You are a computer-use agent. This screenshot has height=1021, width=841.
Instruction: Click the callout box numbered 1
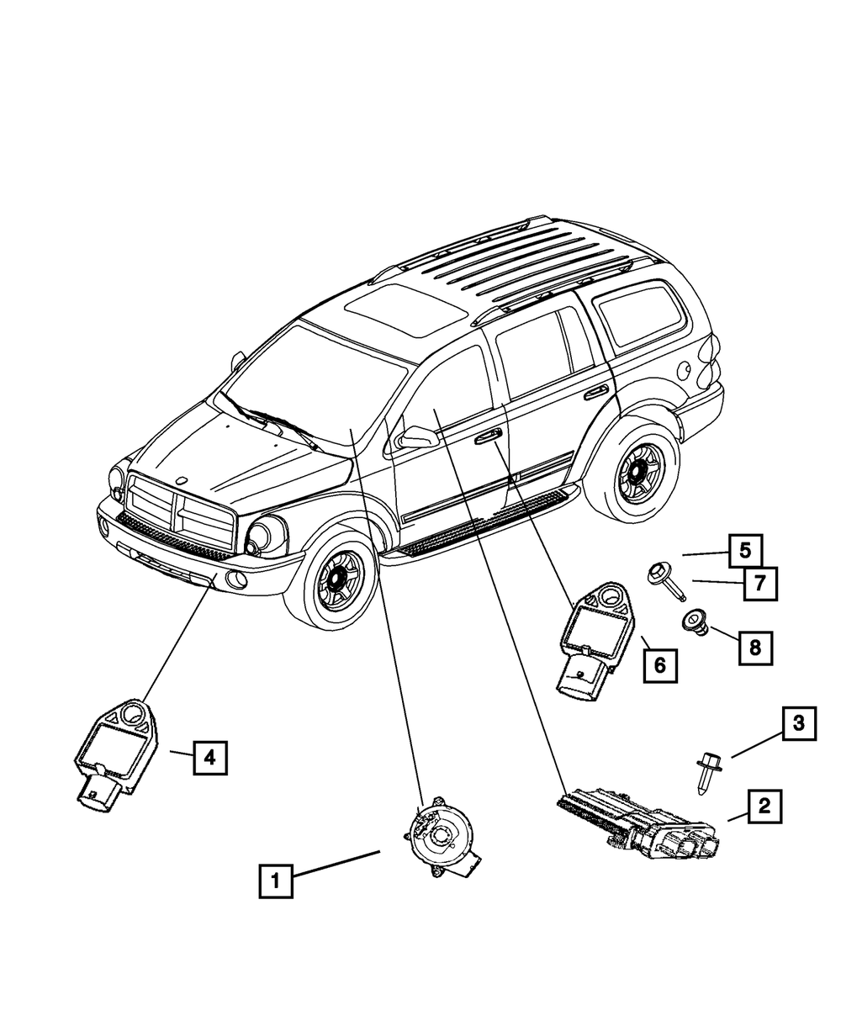[276, 881]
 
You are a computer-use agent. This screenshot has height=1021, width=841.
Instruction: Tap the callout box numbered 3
[798, 722]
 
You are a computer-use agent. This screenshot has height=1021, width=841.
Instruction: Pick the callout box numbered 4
[209, 758]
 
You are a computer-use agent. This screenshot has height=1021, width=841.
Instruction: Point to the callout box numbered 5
[745, 552]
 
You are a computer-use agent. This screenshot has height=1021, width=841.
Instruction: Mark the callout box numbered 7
[759, 583]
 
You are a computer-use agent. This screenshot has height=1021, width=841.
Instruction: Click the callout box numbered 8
[755, 647]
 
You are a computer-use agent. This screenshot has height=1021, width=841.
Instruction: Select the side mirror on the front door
[417, 436]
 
